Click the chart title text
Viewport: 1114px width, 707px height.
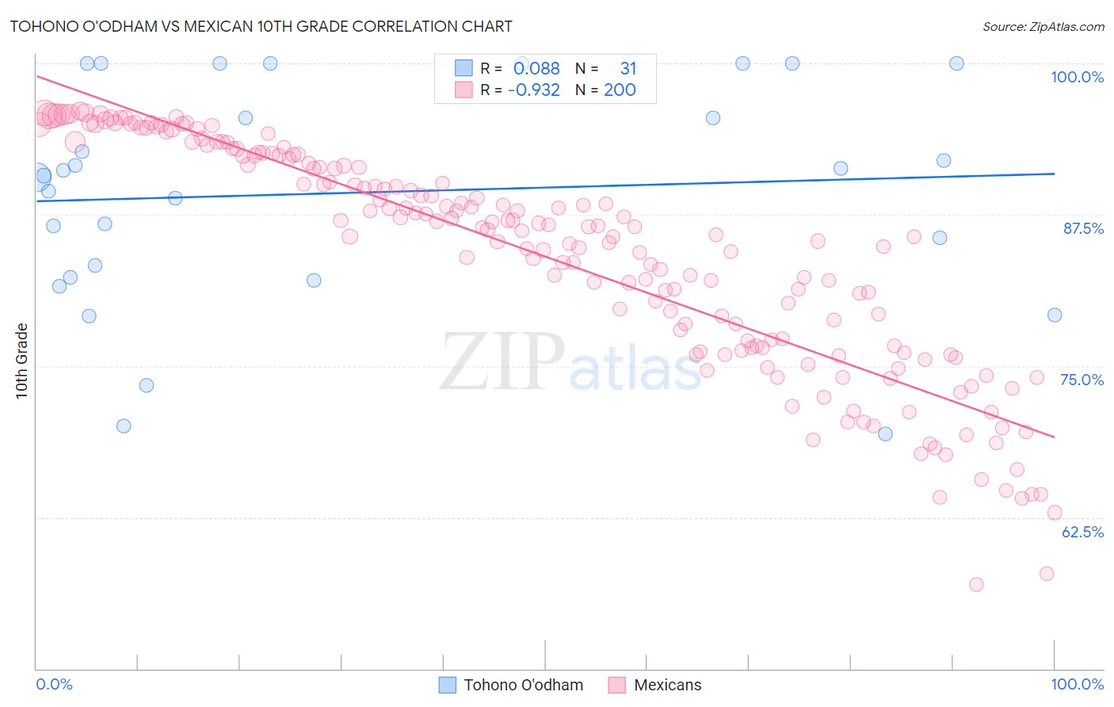click(261, 26)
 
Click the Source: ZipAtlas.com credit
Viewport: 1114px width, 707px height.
click(1043, 26)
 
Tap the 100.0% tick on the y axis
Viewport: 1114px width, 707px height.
click(1077, 77)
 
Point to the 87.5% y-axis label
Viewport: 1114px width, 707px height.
click(1082, 228)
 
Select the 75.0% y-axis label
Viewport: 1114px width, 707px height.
click(1082, 380)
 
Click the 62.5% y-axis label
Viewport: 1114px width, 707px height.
click(1082, 532)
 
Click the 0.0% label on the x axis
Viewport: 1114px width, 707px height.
click(54, 684)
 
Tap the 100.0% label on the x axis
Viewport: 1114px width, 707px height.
click(1077, 684)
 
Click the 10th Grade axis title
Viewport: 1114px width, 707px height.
click(22, 361)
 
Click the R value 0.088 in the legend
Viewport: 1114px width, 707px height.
click(536, 69)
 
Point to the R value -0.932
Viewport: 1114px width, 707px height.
click(534, 90)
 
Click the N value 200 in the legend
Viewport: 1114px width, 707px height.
click(620, 90)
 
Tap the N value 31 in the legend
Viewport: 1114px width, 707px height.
click(628, 69)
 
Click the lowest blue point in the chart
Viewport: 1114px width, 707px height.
click(124, 426)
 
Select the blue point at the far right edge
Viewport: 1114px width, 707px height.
click(1055, 315)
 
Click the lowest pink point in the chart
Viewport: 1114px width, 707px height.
click(976, 584)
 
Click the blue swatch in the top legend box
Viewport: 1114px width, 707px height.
click(464, 69)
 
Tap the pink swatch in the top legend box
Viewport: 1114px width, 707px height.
click(464, 90)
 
